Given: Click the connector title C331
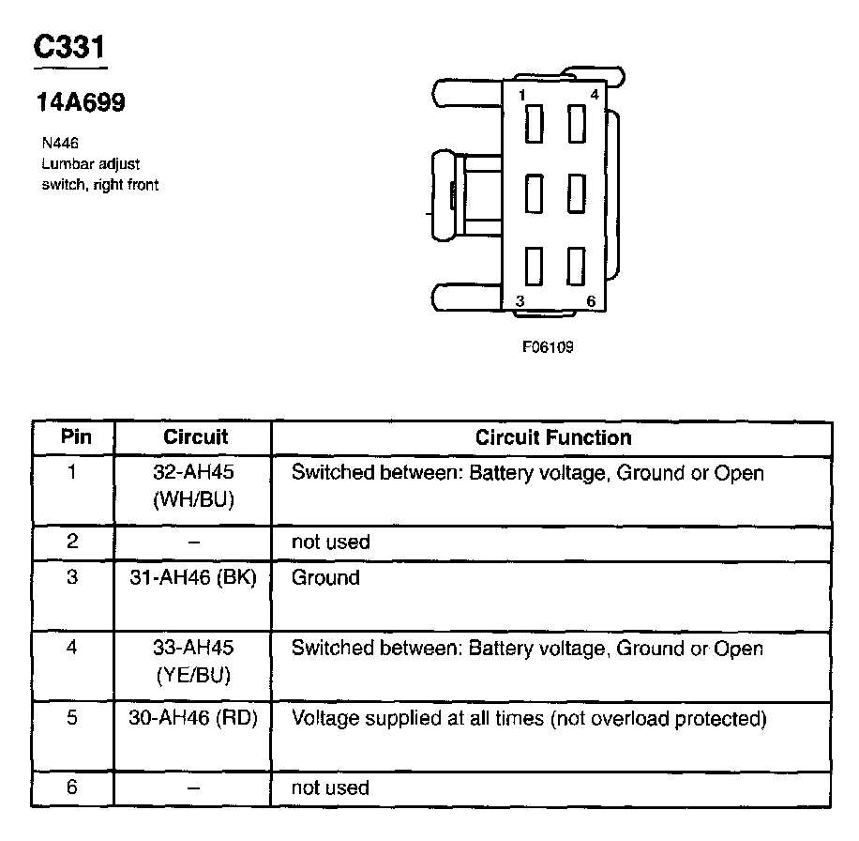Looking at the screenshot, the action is [x=70, y=48].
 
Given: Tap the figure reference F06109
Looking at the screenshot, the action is [x=548, y=347].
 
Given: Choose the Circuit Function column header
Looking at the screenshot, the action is [x=553, y=437].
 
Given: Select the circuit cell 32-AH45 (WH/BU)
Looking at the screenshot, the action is [x=193, y=486].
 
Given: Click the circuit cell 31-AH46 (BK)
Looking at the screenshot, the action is [x=193, y=577].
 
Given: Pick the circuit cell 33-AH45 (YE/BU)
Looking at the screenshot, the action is [x=193, y=662].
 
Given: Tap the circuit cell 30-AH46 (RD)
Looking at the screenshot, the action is [x=193, y=720].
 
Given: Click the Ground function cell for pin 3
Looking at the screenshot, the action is [x=325, y=577].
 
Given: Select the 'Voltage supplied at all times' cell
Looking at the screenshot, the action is [x=529, y=720].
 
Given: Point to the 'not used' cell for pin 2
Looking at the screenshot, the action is [x=330, y=542].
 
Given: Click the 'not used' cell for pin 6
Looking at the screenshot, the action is [x=330, y=787].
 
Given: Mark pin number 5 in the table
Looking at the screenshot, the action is [x=72, y=720].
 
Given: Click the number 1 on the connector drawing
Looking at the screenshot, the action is [x=520, y=96].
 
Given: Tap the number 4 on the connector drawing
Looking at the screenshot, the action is [x=594, y=96].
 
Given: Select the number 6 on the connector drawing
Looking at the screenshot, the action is [x=591, y=300].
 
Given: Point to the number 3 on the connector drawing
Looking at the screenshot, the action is [x=520, y=300].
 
